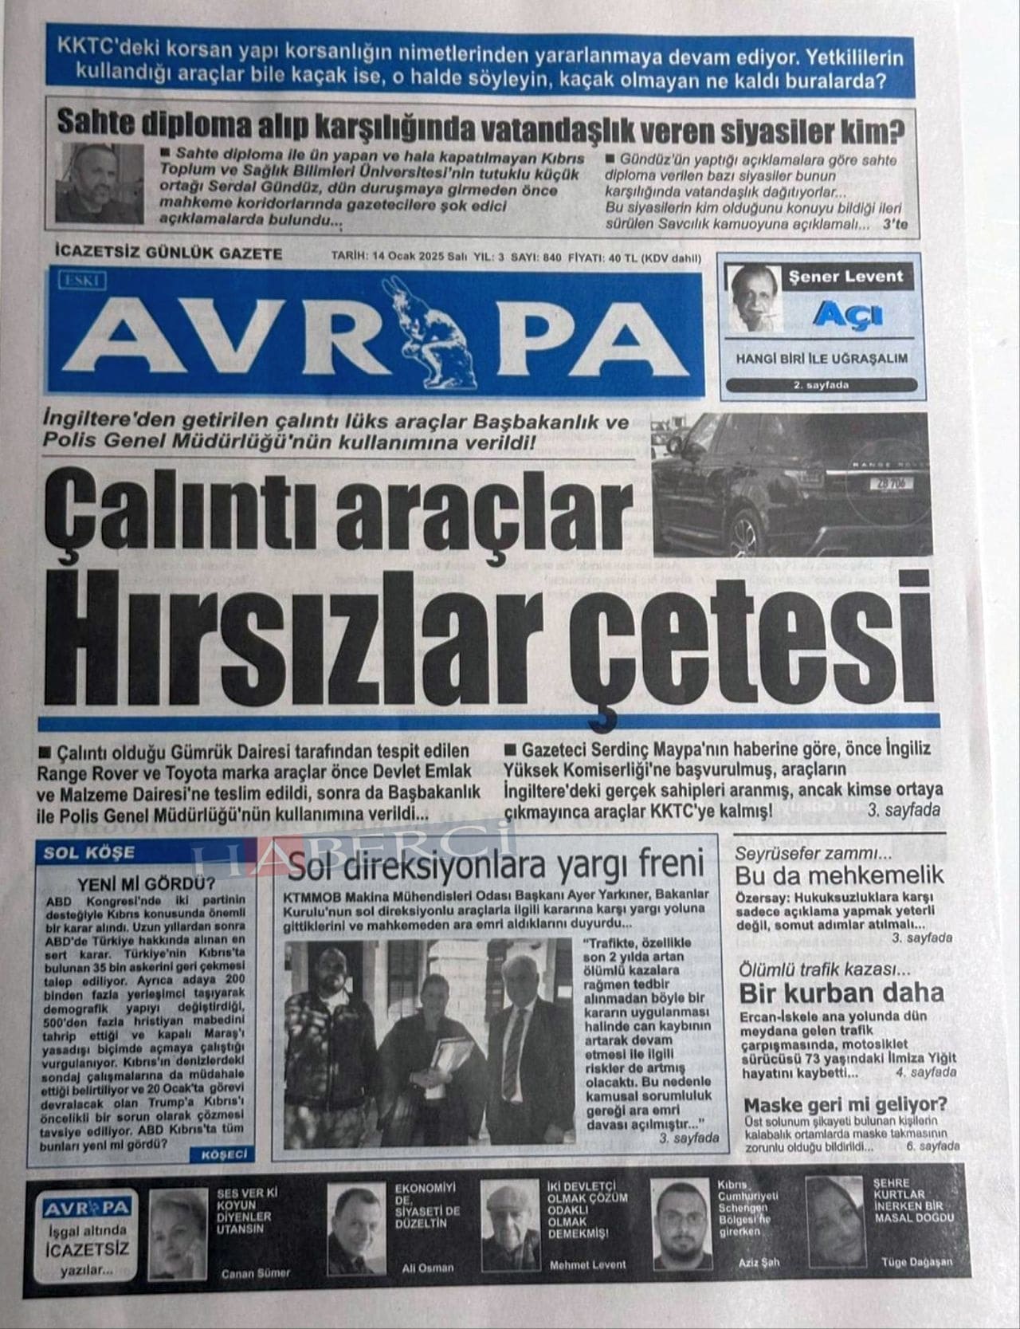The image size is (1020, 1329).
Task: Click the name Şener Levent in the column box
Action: [845, 277]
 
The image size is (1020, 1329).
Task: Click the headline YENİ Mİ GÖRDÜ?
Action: [147, 883]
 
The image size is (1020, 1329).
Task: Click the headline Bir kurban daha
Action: [841, 993]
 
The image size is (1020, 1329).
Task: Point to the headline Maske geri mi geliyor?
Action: [845, 1105]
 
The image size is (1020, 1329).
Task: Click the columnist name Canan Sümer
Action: [255, 1273]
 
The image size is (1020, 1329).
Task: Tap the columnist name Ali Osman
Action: [427, 1267]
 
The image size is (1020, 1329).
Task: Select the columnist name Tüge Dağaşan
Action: [916, 1262]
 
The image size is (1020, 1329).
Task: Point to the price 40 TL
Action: [624, 258]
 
